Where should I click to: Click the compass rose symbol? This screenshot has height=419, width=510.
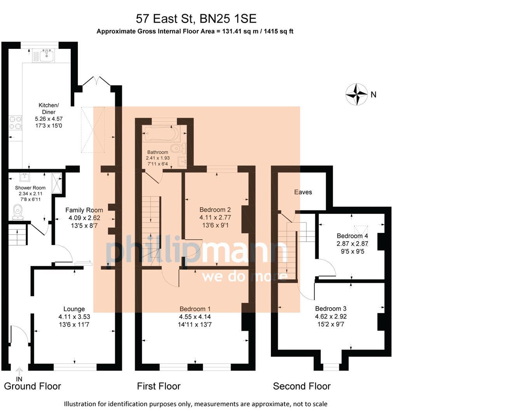tap(356, 94)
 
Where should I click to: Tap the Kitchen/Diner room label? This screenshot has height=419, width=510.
tap(49, 109)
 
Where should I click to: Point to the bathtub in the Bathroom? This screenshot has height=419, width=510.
tap(161, 134)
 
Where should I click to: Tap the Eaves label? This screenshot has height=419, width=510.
tap(303, 192)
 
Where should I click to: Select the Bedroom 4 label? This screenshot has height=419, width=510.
tap(352, 236)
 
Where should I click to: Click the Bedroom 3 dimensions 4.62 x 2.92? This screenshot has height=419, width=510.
tap(331, 317)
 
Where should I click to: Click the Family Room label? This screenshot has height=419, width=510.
tap(84, 210)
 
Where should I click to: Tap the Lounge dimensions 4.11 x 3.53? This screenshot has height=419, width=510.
tap(74, 317)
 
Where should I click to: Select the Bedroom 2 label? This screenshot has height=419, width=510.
tap(215, 210)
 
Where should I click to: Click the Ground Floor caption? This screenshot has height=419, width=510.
tap(33, 386)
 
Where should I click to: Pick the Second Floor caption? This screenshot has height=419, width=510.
tap(302, 386)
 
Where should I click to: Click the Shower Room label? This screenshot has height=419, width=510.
tap(30, 188)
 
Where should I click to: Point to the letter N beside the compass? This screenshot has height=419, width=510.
tap(374, 95)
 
